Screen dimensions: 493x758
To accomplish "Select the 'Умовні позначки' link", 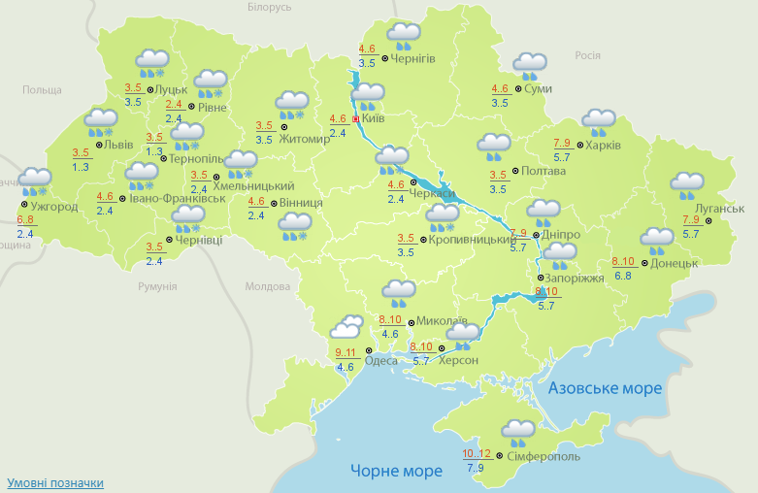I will tap(55, 482).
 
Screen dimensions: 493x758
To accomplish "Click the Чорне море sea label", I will tap(396, 471).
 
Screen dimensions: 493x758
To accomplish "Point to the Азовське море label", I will tap(605, 388).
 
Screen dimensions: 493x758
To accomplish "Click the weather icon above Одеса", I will tap(346, 327).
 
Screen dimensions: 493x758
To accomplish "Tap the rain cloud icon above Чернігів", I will tap(403, 36).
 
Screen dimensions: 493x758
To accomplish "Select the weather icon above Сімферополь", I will tap(518, 431).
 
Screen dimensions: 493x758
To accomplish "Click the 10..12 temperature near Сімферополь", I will tap(477, 453).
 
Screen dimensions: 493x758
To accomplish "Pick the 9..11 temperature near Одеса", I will tap(346, 353).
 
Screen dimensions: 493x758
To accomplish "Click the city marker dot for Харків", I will tap(579, 147).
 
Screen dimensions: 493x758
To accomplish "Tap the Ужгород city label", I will tap(54, 207).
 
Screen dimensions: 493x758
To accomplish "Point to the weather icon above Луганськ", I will tap(687, 183).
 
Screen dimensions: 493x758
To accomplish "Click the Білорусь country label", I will tap(269, 7).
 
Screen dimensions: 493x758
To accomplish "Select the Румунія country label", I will tap(157, 286).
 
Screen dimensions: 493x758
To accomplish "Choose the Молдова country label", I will tap(268, 286).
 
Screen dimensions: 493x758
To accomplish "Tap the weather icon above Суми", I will tap(530, 66).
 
